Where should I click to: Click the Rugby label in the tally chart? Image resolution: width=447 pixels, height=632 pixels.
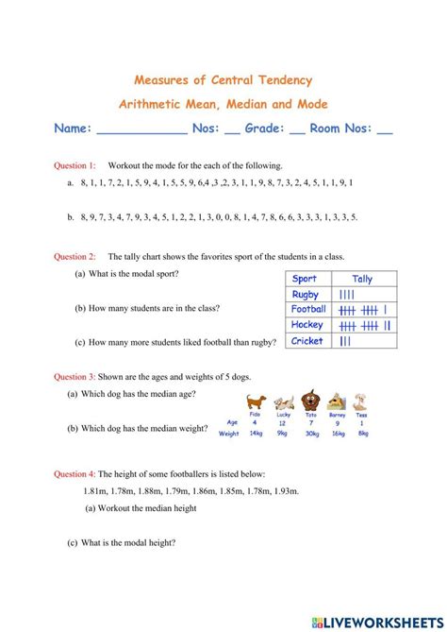[x=306, y=294]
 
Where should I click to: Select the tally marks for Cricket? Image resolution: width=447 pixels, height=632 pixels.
[x=346, y=341]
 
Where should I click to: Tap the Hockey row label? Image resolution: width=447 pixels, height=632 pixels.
[x=307, y=325]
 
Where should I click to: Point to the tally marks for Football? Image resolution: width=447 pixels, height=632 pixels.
[x=363, y=309]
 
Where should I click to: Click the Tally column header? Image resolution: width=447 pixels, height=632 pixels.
[x=362, y=279]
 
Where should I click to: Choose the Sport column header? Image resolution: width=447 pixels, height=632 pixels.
[x=305, y=279]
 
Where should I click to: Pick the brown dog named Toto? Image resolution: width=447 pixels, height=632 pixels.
[x=310, y=400]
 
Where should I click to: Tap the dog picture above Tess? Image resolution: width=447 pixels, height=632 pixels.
[x=361, y=401]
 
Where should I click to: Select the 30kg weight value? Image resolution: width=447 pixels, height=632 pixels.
[x=310, y=433]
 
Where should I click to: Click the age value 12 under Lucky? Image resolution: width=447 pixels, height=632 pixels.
[x=283, y=421]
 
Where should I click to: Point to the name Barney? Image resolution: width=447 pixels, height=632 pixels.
[x=337, y=414]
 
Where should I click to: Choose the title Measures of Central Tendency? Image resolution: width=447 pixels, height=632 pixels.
[x=223, y=80]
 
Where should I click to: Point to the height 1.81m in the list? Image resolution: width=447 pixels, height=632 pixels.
[x=97, y=491]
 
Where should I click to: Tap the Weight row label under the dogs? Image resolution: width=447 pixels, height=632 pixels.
[x=229, y=434]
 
